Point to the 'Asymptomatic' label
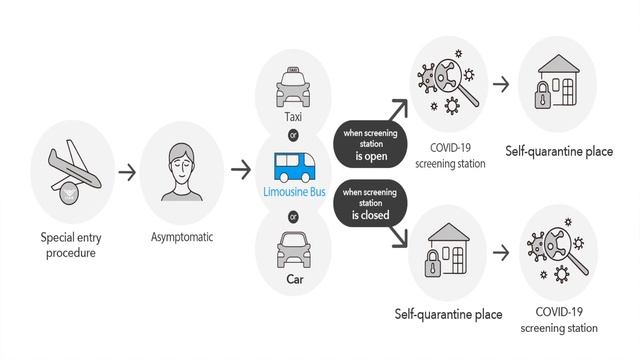coord(180,239)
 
